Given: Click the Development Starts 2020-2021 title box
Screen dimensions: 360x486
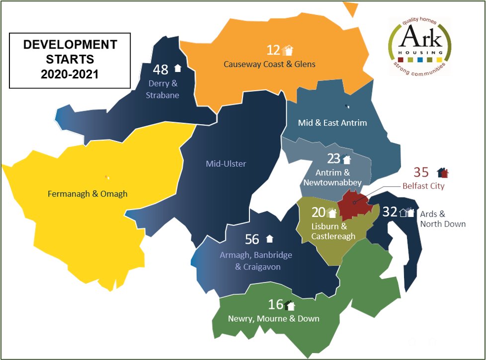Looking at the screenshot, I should (x=70, y=60).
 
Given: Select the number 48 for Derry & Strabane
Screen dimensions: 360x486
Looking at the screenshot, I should (x=161, y=69).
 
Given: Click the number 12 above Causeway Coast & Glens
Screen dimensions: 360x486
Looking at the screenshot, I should (x=273, y=50).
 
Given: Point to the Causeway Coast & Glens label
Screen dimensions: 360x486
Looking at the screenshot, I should (x=269, y=64).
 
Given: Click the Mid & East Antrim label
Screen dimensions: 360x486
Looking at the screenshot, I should (x=332, y=122).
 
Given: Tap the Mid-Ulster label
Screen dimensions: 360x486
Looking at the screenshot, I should (x=226, y=163).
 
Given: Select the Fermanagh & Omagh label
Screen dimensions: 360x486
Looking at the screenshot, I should (x=87, y=194).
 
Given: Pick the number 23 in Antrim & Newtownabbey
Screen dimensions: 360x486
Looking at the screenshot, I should (x=333, y=159).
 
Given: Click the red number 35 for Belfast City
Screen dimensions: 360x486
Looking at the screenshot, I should (x=421, y=173).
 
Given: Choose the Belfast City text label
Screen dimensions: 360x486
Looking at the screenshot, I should (x=423, y=186).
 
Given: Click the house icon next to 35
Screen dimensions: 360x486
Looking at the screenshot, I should (x=443, y=172).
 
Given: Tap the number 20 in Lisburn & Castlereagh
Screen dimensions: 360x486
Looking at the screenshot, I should (x=318, y=213).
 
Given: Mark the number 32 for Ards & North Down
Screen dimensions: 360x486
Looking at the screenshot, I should (x=390, y=212).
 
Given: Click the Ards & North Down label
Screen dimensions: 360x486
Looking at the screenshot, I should (x=443, y=219).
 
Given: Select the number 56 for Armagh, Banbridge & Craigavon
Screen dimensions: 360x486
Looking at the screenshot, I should (x=252, y=239).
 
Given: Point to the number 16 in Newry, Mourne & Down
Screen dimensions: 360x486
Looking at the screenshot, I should (x=276, y=304).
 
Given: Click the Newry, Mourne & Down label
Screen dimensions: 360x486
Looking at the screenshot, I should (x=273, y=318).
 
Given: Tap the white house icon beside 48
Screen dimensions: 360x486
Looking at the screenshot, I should (x=177, y=68).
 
